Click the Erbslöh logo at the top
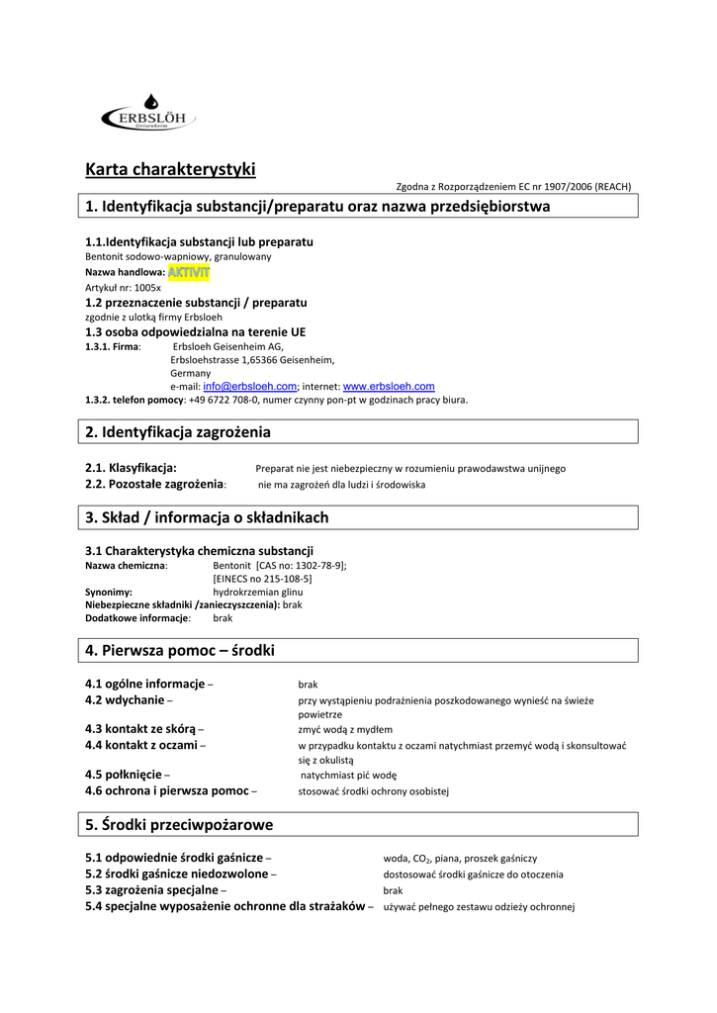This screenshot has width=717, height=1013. [149, 116]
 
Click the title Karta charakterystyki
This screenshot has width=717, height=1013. [170, 169]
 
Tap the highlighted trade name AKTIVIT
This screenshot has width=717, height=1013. [189, 272]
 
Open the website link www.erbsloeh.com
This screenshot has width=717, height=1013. [389, 386]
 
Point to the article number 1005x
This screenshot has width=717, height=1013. [146, 287]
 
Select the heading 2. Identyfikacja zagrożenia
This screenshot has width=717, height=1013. [178, 432]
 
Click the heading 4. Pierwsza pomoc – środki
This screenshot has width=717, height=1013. [180, 650]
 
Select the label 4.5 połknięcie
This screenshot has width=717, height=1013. [124, 775]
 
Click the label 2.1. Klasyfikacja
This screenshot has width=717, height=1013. [132, 468]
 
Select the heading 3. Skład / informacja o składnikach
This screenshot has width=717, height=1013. [207, 517]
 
